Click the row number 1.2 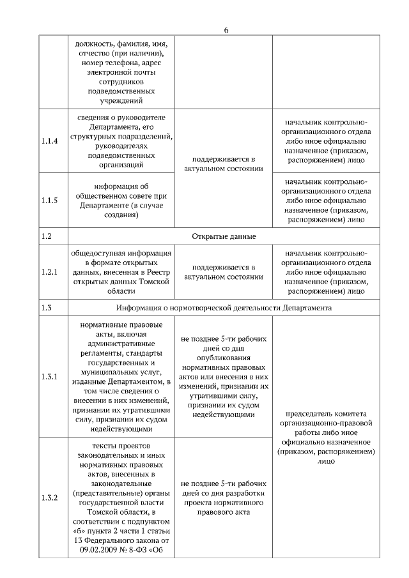point(46,236)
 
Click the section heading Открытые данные point(223,236)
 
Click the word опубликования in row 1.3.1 point(223,358)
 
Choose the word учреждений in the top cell point(118,100)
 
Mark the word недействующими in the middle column point(223,414)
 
